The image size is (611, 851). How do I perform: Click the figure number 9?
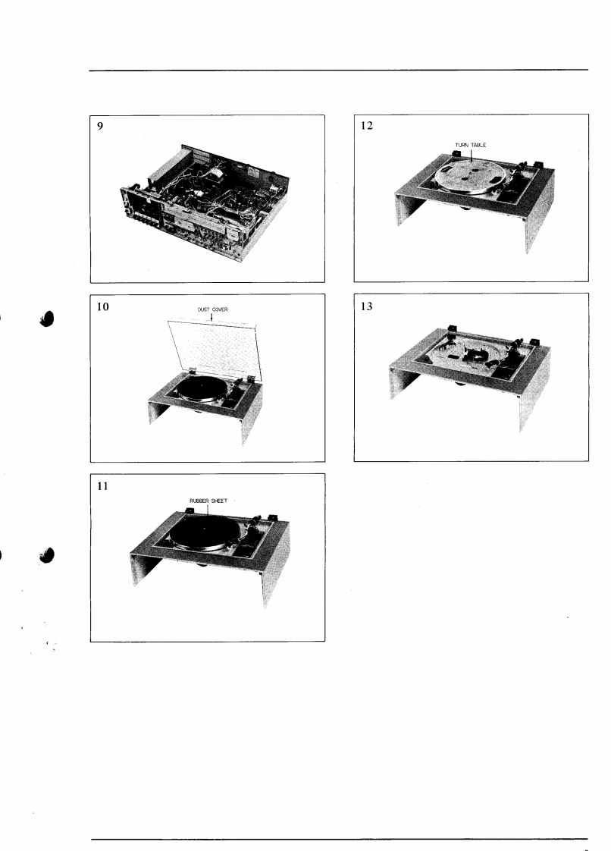point(100,126)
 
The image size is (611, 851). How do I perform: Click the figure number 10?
point(102,306)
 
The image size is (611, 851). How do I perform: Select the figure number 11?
point(102,486)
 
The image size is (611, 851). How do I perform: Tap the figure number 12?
point(367,125)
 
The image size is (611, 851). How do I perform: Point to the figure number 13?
point(367,306)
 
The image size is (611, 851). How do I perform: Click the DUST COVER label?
point(213,309)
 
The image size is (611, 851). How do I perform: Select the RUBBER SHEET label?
point(208,501)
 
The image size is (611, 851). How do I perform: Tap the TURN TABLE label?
point(471,145)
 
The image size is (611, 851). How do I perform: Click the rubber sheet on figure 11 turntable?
point(202,529)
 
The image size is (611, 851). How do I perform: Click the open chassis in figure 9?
point(204,202)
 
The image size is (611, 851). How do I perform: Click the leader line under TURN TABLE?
point(472,155)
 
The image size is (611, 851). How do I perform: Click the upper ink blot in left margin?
point(48,319)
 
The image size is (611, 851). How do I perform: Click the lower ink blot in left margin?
point(48,554)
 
